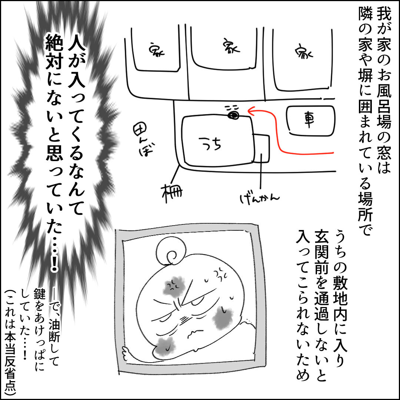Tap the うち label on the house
[210, 143]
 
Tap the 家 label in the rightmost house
[304, 53]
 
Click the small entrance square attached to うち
[261, 148]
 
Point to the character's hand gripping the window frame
[127, 353]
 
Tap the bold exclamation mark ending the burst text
[54, 263]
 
